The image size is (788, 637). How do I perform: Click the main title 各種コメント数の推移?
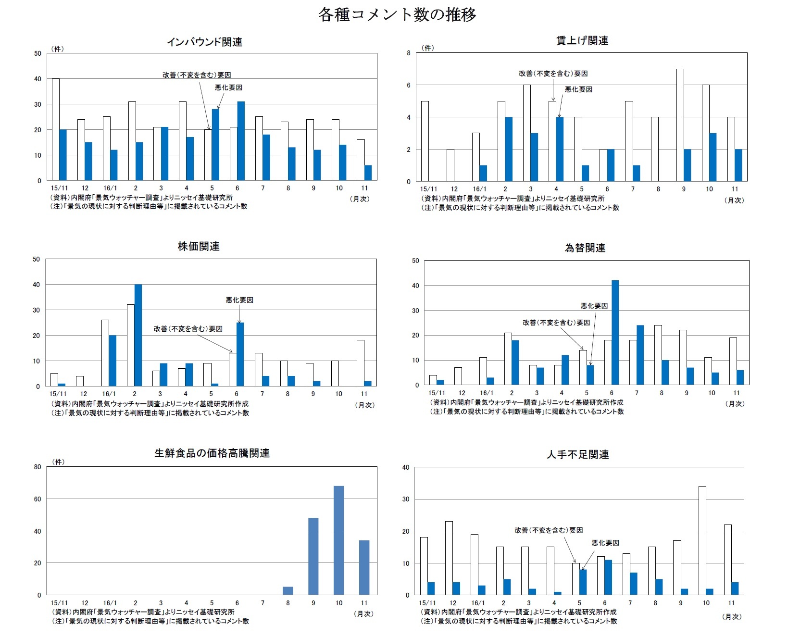coord(397,15)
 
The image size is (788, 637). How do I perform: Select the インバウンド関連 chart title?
coord(204,42)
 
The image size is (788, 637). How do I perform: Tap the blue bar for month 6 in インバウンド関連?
coord(241,141)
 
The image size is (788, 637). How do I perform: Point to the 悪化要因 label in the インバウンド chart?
coord(228,87)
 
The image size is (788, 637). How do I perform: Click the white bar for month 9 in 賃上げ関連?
coord(680,125)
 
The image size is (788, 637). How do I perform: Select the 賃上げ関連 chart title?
coord(582,41)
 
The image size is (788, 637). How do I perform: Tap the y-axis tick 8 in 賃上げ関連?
coord(409,53)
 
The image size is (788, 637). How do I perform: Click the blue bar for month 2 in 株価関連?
coord(138,335)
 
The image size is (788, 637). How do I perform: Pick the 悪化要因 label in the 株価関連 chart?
coord(239,300)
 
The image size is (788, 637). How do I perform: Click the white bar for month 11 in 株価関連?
coord(360,363)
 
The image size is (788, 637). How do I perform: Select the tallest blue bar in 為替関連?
coord(615,333)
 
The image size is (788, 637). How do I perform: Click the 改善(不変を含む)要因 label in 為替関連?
coord(556,323)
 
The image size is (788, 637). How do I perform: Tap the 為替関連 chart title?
coord(585,248)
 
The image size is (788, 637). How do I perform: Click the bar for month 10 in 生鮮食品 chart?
coord(339,540)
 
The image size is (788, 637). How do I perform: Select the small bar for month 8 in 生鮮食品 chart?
coord(288,591)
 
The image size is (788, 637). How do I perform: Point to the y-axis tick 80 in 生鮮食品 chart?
coord(38,467)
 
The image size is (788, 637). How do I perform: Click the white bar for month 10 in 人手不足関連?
coord(702,540)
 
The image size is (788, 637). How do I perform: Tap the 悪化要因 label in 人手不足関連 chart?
coord(605,543)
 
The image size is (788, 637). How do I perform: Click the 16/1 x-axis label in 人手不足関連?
coord(477,603)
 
